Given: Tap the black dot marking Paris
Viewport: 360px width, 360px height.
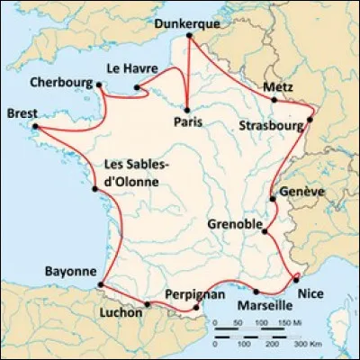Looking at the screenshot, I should coord(186,108).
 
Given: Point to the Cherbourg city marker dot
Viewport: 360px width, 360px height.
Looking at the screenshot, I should coord(100,85).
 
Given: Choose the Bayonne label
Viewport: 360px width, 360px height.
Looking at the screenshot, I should coord(71,270).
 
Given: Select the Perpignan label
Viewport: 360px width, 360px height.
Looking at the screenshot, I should coord(194,294).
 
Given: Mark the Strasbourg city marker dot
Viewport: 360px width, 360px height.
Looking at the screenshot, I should coord(311,118).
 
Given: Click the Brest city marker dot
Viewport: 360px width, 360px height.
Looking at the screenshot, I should coord(35,127).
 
